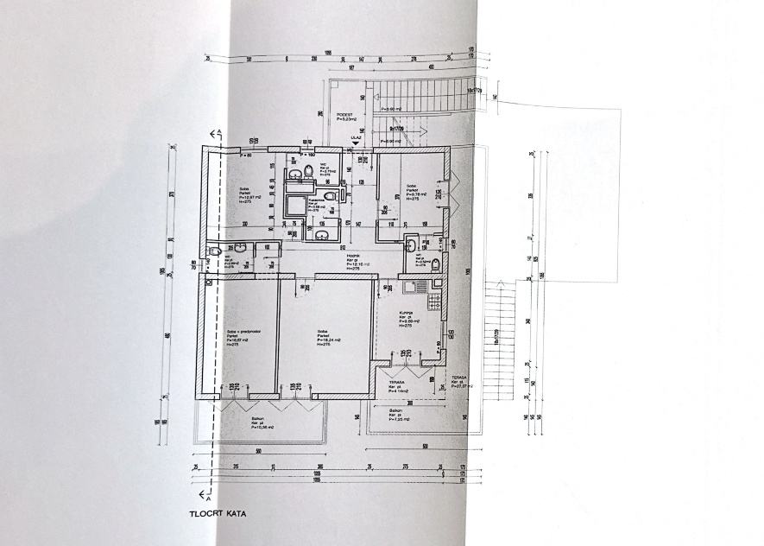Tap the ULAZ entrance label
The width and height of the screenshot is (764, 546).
pyautogui.click(x=356, y=136)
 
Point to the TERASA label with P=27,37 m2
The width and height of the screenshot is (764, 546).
pyautogui.click(x=458, y=381)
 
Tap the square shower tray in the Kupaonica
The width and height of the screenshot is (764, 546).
pyautogui.click(x=294, y=204)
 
